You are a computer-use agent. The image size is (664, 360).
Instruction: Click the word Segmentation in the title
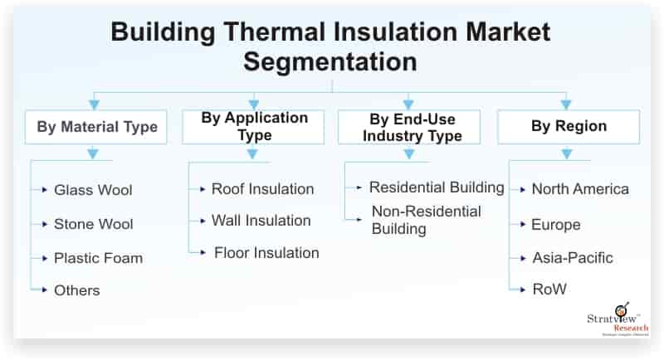[330, 61]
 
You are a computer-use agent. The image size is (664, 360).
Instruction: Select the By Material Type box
[96, 127]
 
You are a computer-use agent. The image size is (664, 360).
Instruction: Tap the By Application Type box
[253, 127]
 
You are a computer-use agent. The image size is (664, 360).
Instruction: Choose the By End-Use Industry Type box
[409, 127]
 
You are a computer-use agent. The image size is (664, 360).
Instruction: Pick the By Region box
[569, 127]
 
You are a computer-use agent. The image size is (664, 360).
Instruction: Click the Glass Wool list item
[93, 190]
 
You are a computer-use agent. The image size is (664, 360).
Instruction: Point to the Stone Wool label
[94, 224]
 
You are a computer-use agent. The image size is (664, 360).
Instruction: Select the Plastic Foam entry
[98, 258]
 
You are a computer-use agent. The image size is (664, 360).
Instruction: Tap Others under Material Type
[77, 290]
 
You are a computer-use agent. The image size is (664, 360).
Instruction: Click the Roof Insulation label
[262, 189]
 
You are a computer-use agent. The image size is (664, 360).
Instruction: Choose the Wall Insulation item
[261, 221]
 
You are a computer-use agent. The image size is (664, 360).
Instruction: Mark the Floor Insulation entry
[266, 253]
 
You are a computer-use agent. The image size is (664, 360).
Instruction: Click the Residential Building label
[437, 187]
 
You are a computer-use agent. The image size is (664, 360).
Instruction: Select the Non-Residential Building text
[427, 220]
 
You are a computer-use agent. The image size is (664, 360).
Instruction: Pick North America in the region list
[580, 189]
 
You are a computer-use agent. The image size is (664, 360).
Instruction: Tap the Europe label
[555, 225]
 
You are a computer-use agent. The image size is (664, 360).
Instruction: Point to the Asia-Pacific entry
[573, 258]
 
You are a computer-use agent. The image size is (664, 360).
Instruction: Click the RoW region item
[549, 289]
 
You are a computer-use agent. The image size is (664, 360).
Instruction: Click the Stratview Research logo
[618, 319]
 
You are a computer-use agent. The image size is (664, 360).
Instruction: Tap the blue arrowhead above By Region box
[566, 104]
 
